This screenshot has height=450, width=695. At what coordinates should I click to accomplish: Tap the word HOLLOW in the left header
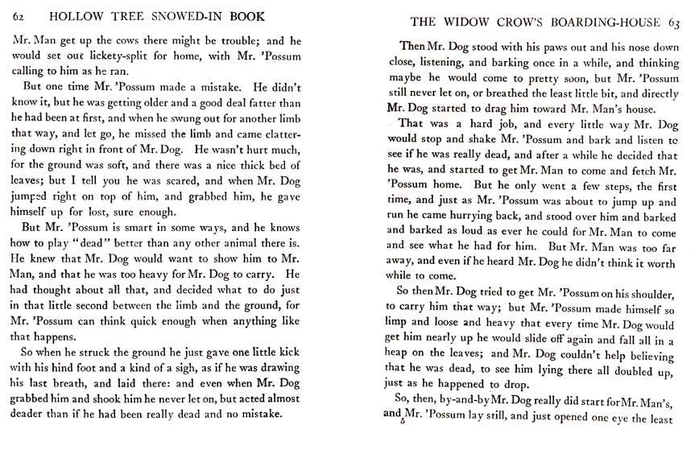[79, 16]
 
